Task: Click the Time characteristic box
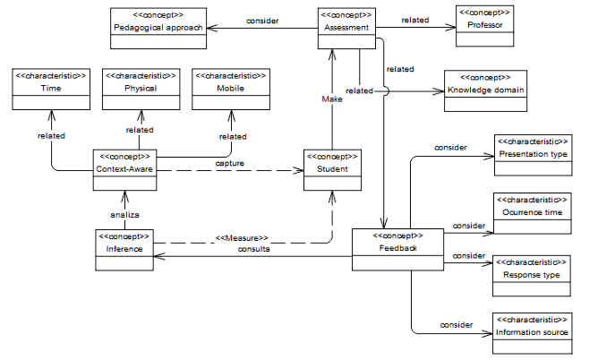click(51, 90)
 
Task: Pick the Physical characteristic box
click(141, 90)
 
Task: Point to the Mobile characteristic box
click(229, 90)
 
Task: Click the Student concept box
click(332, 169)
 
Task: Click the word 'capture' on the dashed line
click(231, 163)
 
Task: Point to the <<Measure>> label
click(241, 237)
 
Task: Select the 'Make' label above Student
click(332, 99)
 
